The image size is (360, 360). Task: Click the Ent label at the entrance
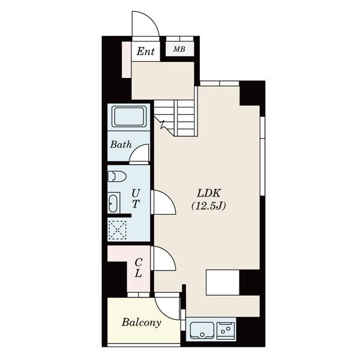pos(146,52)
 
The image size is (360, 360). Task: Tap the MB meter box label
pos(179,49)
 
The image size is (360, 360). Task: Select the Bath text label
pos(121,145)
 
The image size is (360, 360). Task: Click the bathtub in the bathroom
pos(129,116)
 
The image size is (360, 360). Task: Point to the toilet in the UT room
pos(117,176)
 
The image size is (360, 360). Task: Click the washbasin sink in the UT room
pos(113,203)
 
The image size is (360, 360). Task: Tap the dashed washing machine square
pos(118,230)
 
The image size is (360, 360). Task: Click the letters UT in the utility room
pos(136,199)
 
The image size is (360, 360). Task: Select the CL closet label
pos(138,268)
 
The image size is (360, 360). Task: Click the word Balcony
pos(141,323)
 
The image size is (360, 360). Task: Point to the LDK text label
pos(208,193)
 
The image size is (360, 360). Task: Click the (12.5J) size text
pos(208,206)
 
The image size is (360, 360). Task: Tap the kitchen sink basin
pos(202,331)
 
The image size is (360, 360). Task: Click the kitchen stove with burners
pos(226,331)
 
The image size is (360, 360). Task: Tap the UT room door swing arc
pos(169,199)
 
